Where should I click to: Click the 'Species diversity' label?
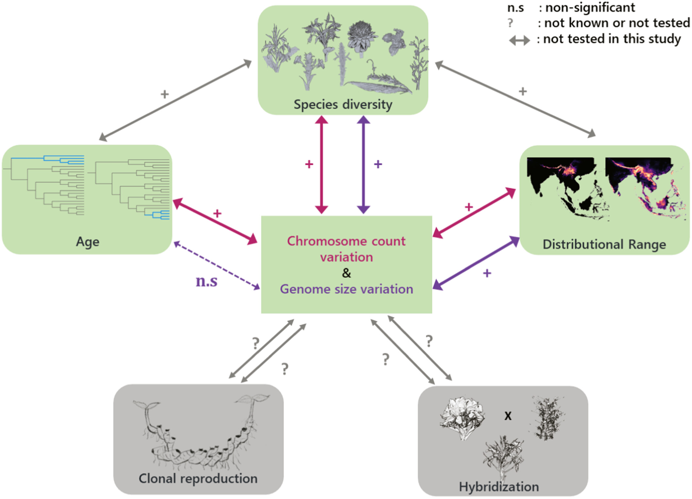click(343, 105)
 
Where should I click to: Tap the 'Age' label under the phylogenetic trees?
click(88, 242)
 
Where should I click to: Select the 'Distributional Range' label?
click(604, 244)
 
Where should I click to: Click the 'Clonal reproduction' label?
click(198, 478)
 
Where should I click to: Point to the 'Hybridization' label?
click(499, 487)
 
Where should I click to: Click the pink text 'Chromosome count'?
click(346, 241)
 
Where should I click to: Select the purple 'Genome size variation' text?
click(346, 289)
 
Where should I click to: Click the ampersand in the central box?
click(346, 273)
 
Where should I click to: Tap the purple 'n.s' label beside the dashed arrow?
click(206, 281)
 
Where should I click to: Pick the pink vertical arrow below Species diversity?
click(321, 165)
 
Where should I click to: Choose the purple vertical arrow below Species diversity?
click(363, 165)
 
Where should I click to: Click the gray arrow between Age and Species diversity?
click(175, 100)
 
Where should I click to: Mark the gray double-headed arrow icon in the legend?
click(519, 41)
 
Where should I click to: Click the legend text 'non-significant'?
click(590, 7)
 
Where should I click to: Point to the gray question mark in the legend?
click(510, 23)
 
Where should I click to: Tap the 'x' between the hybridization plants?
click(508, 416)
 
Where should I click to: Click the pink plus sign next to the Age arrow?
click(217, 213)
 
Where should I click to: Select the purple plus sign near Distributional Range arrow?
click(487, 273)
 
